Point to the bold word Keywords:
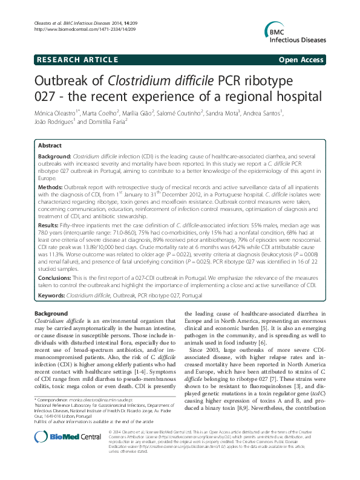coord(51,294)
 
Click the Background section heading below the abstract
coord(51,313)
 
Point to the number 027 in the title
coord(50,96)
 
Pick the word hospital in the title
coord(291,96)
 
